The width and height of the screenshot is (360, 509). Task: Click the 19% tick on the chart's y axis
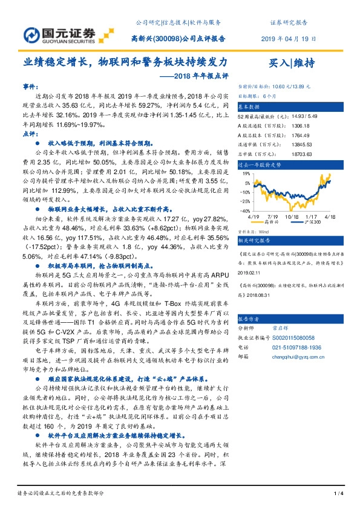coord(246,173)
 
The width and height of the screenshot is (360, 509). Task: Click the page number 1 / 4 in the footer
coord(339,494)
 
